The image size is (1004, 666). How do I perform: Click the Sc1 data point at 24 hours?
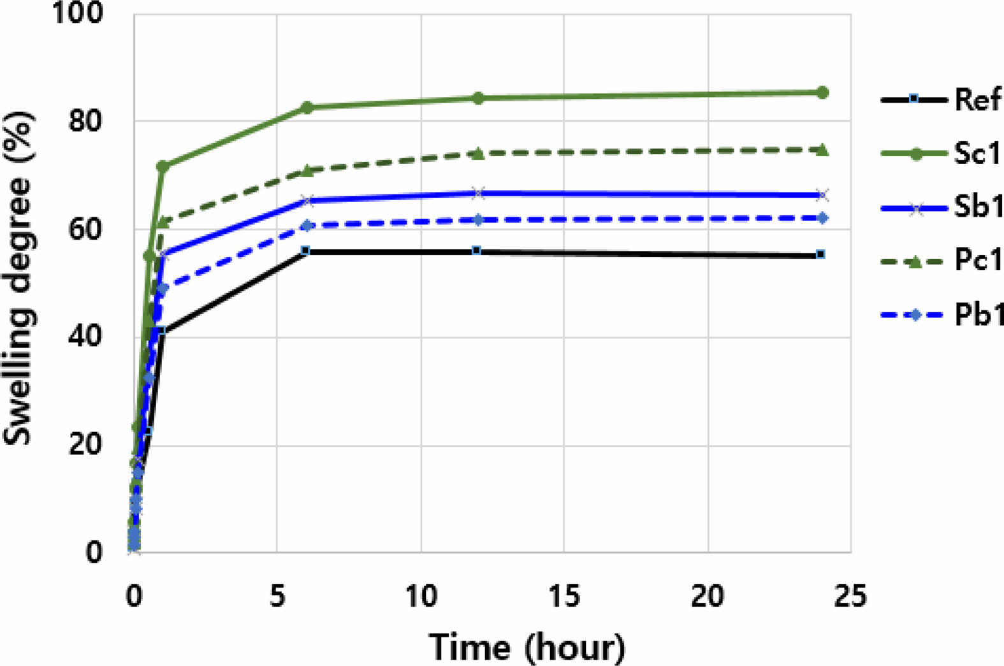pyautogui.click(x=822, y=92)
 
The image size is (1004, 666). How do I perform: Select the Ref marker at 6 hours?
pyautogui.click(x=305, y=251)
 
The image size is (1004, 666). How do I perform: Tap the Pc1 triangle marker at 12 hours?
pyautogui.click(x=477, y=154)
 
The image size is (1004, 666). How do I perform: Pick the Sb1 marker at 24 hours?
pyautogui.click(x=822, y=195)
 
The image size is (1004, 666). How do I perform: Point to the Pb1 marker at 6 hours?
pyautogui.click(x=307, y=226)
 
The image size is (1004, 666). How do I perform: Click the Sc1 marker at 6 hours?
pyautogui.click(x=307, y=107)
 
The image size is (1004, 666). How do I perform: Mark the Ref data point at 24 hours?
pyautogui.click(x=821, y=254)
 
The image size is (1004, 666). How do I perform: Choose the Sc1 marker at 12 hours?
pyautogui.click(x=477, y=98)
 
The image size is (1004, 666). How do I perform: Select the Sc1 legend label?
pyautogui.click(x=978, y=154)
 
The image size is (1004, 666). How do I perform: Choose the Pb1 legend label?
pyautogui.click(x=978, y=315)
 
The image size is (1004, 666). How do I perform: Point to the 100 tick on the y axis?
pyautogui.click(x=78, y=13)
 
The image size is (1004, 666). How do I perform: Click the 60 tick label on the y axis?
pyautogui.click(x=85, y=229)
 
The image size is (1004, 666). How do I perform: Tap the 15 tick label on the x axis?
pyautogui.click(x=564, y=597)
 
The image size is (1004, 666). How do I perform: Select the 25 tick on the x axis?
pyautogui.click(x=851, y=597)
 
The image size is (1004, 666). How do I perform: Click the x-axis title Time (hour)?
pyautogui.click(x=527, y=648)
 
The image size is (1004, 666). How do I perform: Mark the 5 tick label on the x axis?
pyautogui.click(x=277, y=597)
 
